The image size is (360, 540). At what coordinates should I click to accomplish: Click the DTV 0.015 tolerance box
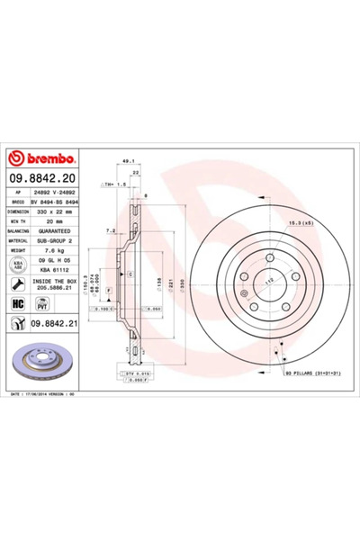coord(137,373)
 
